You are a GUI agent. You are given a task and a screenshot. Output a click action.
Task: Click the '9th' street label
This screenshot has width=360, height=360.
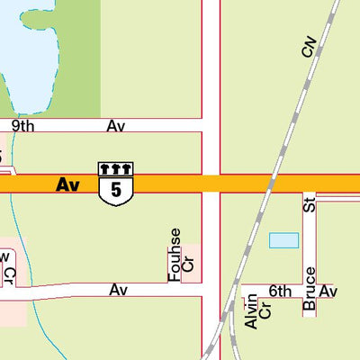point(22,126)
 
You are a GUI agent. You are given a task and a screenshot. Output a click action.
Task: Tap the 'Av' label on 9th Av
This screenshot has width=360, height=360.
point(115,126)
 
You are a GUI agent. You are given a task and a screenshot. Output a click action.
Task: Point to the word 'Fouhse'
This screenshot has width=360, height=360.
point(175,254)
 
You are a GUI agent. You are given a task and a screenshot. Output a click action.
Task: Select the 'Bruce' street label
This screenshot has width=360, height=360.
point(310,290)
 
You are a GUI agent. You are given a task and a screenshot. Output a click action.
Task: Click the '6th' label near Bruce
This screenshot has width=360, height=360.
point(280,291)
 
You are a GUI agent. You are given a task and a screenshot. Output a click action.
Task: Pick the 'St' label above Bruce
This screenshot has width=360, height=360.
point(310,204)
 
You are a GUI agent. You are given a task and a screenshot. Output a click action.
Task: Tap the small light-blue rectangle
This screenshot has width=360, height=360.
point(283,240)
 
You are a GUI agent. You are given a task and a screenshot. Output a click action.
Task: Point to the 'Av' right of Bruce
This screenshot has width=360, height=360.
point(328,291)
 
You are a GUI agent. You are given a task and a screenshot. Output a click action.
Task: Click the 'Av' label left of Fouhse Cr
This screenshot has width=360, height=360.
point(119,290)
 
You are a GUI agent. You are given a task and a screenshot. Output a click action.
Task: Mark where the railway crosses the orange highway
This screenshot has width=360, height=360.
point(269,184)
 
